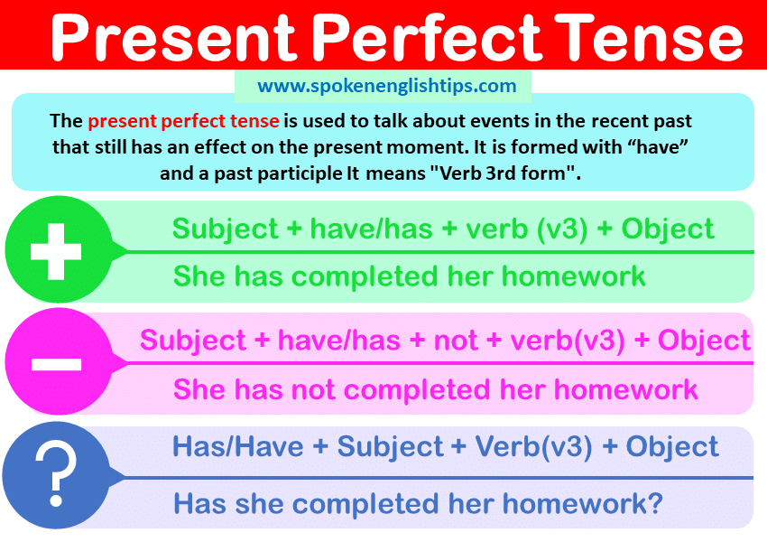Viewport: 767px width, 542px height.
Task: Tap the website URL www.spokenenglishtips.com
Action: click(387, 86)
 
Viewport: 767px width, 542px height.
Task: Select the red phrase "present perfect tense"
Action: click(183, 121)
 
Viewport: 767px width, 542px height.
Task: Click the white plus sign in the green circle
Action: click(56, 252)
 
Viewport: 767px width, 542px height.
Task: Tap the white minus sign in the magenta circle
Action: click(56, 364)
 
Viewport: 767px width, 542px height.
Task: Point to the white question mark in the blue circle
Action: click(56, 474)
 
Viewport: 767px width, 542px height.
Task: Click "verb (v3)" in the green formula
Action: click(526, 229)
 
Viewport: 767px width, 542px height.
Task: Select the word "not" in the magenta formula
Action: click(456, 340)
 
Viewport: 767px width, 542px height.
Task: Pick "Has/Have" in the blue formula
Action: click(237, 446)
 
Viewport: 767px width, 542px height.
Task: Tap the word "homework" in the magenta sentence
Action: click(625, 389)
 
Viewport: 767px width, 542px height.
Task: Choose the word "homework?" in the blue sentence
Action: click(583, 503)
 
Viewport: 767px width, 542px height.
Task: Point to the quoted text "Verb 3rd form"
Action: click(502, 173)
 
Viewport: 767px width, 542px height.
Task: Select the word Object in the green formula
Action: click(668, 229)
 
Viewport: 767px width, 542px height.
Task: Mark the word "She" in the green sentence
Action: click(199, 276)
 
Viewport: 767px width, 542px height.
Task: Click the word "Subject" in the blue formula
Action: click(391, 447)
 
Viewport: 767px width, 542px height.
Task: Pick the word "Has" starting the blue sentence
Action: click(199, 503)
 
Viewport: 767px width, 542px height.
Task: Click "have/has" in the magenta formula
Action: click(339, 340)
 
